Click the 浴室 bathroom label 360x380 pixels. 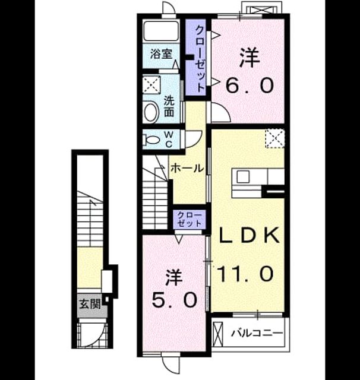[x=161, y=54]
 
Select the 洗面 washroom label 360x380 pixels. [x=169, y=107]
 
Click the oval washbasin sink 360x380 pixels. [x=151, y=112]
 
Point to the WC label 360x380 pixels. [x=169, y=140]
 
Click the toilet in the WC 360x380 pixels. [x=151, y=140]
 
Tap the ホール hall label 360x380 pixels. [x=187, y=168]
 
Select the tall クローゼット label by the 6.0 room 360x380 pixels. [x=200, y=59]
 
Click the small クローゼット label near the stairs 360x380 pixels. [x=189, y=219]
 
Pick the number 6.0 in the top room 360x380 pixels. [x=250, y=85]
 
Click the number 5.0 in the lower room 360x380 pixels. [x=174, y=300]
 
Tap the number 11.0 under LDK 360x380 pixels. [x=245, y=273]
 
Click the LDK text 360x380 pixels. [x=249, y=235]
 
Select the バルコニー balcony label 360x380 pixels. [x=257, y=333]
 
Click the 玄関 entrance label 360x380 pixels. [x=90, y=303]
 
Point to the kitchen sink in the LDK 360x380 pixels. [x=243, y=176]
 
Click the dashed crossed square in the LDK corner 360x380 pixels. [x=274, y=138]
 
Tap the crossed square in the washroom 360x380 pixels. [x=151, y=84]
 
